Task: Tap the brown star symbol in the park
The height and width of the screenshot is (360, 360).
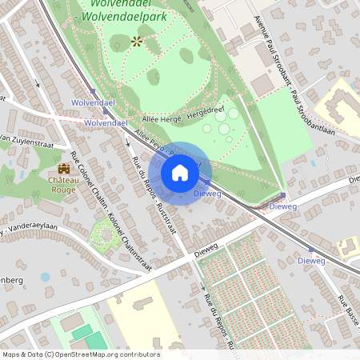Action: click(137, 41)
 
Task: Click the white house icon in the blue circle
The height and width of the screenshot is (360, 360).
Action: click(180, 173)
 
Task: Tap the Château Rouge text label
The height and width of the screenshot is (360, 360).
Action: click(63, 186)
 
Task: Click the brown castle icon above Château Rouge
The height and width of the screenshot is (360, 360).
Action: click(63, 169)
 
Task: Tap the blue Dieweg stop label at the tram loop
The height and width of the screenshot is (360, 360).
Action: click(283, 206)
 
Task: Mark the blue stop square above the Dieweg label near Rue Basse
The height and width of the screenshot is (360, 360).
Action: click(311, 250)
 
